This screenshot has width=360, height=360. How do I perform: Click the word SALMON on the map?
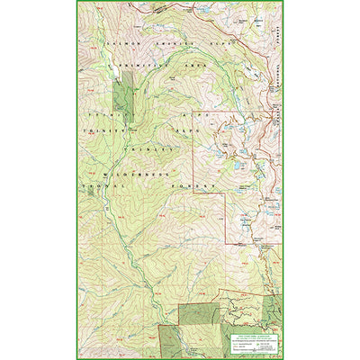click(118, 41)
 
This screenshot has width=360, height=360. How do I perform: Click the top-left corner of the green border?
click(76, 2)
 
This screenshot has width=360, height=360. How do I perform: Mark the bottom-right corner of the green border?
click(283, 358)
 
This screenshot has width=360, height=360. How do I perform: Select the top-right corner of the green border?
click(283, 2)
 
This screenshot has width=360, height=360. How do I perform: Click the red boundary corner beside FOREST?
click(195, 190)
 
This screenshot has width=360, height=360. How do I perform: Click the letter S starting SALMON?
click(108, 41)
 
